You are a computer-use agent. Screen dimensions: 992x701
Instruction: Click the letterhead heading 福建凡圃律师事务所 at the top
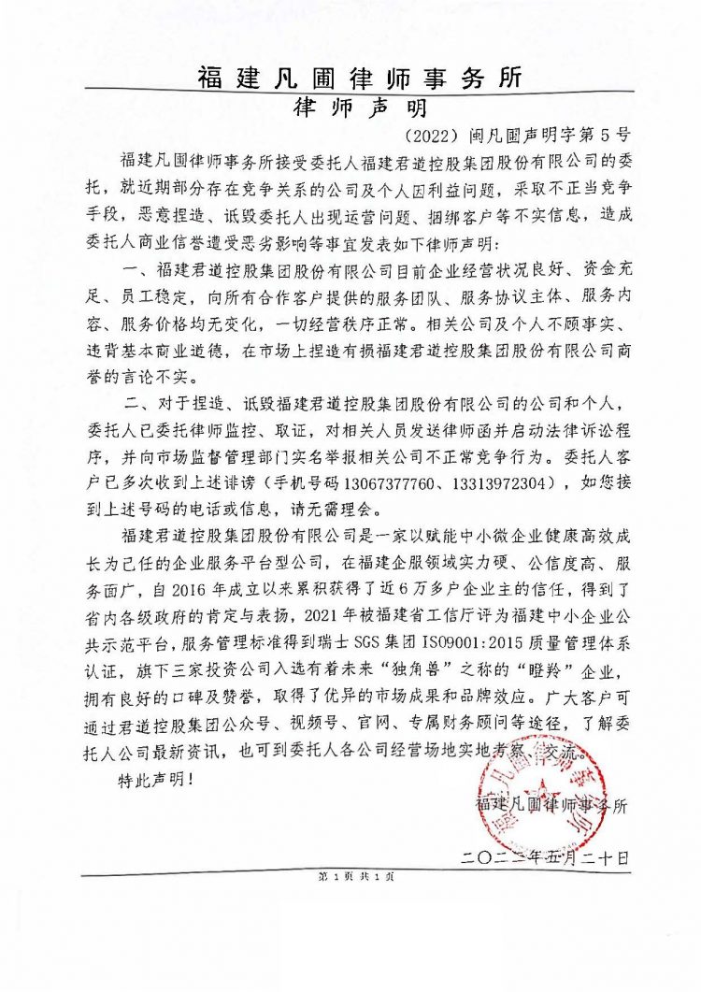pos(360,77)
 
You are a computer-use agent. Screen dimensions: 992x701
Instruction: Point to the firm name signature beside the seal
pos(552,804)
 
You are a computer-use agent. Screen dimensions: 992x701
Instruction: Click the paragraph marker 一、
pos(135,270)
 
